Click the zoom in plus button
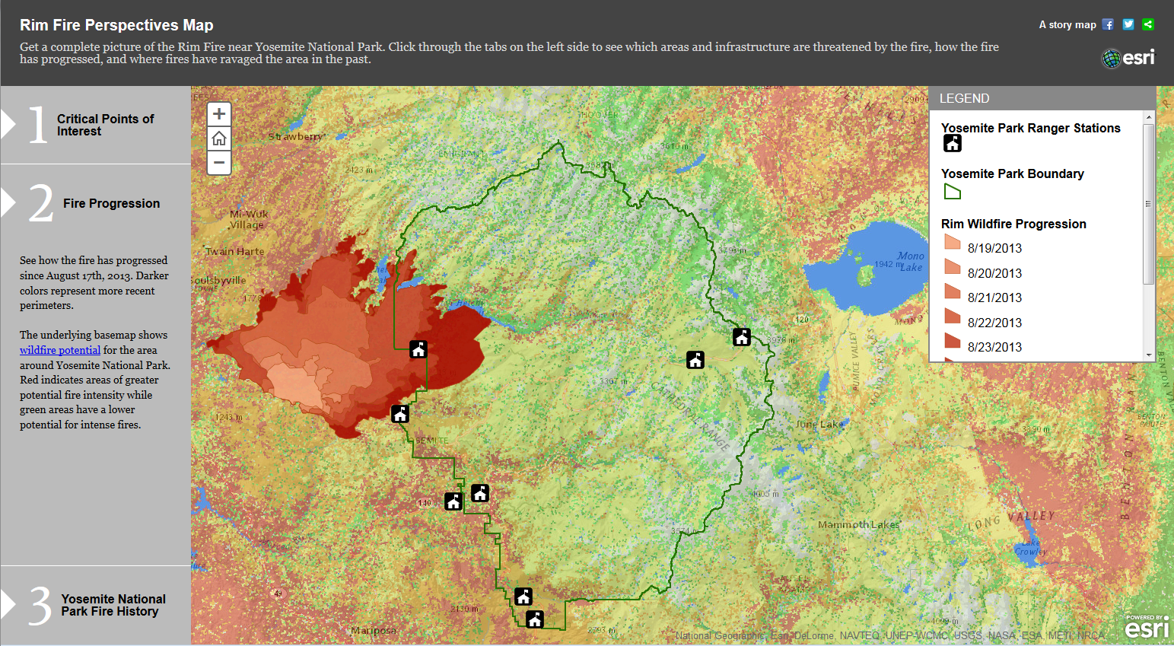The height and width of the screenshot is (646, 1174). tap(219, 114)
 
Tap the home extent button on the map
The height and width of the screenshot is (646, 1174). tap(219, 138)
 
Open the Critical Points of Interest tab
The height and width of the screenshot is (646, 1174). tap(105, 125)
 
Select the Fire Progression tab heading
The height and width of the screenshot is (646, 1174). tap(111, 203)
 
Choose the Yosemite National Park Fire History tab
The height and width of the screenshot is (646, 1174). tap(113, 605)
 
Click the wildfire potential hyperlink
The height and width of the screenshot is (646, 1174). tap(60, 350)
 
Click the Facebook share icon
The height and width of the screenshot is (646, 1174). tap(1108, 24)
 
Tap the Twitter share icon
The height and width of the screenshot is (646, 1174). tap(1128, 24)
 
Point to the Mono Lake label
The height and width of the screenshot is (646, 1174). tap(910, 261)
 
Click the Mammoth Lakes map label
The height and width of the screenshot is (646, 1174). tap(858, 524)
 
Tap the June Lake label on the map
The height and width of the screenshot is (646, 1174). tap(819, 424)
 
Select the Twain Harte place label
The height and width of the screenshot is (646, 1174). tap(235, 251)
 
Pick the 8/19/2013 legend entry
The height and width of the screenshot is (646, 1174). tap(994, 248)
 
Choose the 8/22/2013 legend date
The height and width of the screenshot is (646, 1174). tap(994, 323)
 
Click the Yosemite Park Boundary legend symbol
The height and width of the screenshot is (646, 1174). tap(953, 192)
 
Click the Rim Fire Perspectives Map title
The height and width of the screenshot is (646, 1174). tap(116, 25)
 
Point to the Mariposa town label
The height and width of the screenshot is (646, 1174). tap(374, 631)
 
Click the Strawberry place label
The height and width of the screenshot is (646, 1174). tap(296, 137)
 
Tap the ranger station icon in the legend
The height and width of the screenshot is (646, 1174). tap(953, 143)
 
